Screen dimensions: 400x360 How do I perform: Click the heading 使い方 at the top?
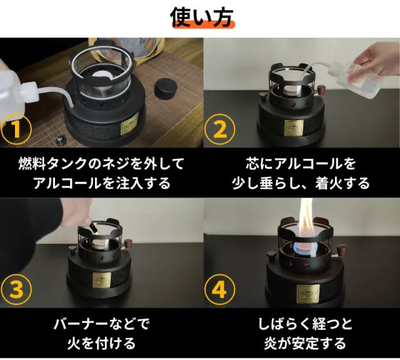(x=201, y=17)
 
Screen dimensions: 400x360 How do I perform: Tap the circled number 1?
(x=16, y=129)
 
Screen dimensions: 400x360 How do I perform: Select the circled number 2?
(x=219, y=129)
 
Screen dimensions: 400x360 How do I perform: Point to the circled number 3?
(x=16, y=290)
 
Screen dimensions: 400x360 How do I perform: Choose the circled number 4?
(x=219, y=290)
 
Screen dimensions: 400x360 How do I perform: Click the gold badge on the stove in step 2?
(x=294, y=127)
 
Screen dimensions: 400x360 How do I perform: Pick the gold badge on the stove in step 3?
(x=102, y=280)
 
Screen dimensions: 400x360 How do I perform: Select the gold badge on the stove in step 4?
(x=308, y=294)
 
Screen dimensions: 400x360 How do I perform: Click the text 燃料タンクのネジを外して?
(x=101, y=164)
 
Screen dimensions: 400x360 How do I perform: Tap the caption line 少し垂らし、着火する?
(x=301, y=183)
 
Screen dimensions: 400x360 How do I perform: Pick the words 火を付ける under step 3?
(x=101, y=343)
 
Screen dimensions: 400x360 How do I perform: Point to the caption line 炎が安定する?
(x=304, y=343)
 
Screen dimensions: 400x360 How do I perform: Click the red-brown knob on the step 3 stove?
(x=128, y=242)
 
